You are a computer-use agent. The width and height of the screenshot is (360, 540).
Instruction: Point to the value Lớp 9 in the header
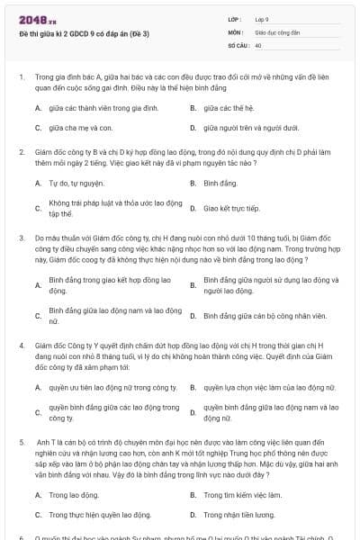(262, 18)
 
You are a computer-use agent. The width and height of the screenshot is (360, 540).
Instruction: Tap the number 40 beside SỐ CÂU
(258, 43)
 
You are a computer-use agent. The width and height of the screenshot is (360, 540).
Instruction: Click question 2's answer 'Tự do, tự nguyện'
(73, 183)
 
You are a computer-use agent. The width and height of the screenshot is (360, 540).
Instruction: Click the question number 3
(21, 236)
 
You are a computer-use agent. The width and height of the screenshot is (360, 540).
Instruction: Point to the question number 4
(21, 345)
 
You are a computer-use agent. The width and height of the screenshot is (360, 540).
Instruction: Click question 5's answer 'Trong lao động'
(74, 495)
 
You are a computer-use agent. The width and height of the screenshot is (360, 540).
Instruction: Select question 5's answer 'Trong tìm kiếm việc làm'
(237, 495)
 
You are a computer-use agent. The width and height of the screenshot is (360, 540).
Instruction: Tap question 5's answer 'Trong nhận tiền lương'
(239, 515)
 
